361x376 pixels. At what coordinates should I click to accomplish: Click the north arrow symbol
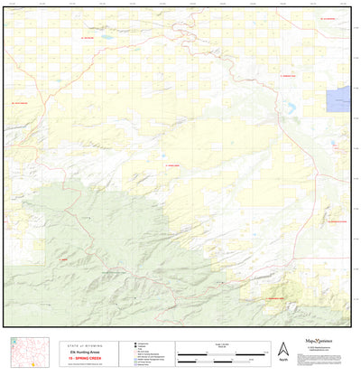(x=282, y=348)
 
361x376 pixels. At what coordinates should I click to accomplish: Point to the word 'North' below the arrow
(x=282, y=360)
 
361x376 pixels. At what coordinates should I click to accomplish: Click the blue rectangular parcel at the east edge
(x=340, y=99)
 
